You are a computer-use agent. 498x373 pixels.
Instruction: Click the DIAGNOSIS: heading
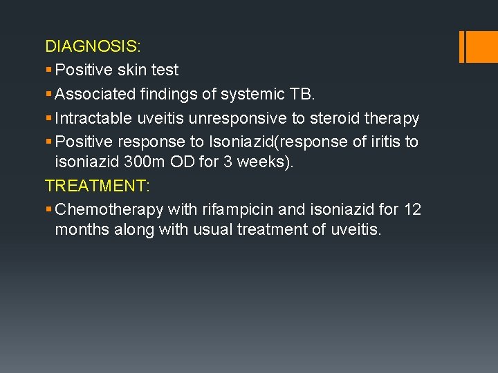(93, 46)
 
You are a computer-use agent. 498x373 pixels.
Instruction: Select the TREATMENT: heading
(97, 185)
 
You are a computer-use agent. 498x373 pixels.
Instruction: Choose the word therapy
(392, 118)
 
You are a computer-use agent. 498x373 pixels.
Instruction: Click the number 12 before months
(412, 209)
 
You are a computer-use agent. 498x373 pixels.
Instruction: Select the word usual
(215, 229)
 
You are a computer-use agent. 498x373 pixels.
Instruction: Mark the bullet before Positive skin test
(48, 70)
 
